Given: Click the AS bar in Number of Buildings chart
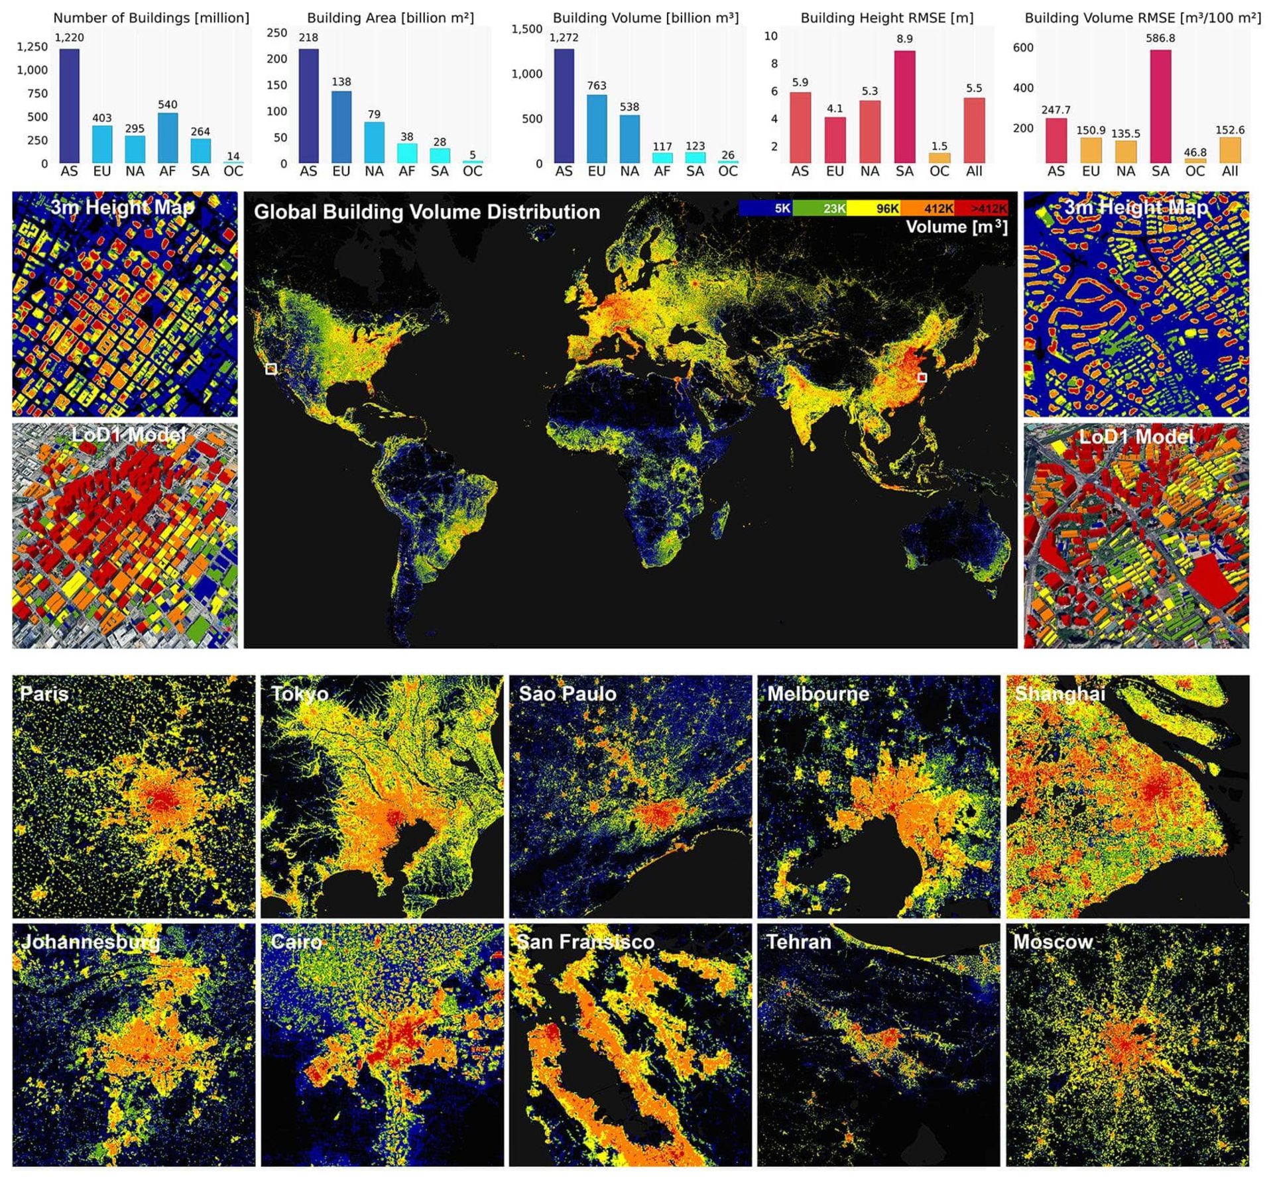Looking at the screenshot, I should [x=69, y=106].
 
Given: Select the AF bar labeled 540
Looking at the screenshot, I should [x=167, y=138].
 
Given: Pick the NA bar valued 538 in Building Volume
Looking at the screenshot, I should [x=629, y=139].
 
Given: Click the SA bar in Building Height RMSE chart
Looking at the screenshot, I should [x=904, y=107].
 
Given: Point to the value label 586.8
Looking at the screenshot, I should [x=1160, y=38].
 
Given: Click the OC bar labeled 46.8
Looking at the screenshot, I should [x=1195, y=160].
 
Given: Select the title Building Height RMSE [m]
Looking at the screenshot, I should [x=886, y=18].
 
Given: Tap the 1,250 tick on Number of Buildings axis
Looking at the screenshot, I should [x=32, y=47].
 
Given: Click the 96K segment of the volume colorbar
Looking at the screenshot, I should [x=874, y=209].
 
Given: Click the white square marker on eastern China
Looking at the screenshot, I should [x=922, y=377].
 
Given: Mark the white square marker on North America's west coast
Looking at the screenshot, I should [x=271, y=368].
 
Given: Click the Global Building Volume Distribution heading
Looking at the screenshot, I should [x=427, y=212].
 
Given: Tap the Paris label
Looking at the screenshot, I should [x=44, y=694].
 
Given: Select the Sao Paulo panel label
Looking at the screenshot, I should [x=567, y=694].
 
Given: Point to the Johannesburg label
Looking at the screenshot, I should [x=91, y=942].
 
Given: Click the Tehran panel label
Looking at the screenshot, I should [x=798, y=942].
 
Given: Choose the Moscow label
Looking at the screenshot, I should [x=1052, y=942].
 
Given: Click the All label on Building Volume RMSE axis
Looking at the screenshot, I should [x=1229, y=172].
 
